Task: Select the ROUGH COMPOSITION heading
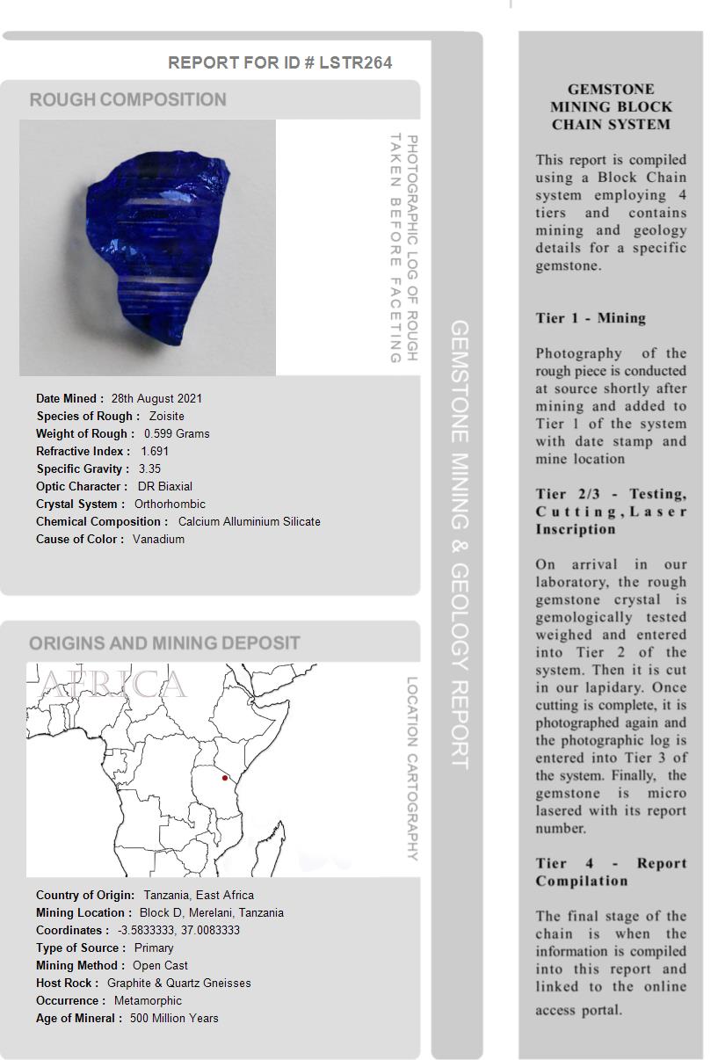128,99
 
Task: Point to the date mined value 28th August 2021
156,398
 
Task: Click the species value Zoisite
166,416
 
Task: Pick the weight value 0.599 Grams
177,433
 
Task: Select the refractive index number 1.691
155,451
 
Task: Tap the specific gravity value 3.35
149,468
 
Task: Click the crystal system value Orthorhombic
170,504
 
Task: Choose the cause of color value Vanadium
158,539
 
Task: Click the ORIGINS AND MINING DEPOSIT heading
164,643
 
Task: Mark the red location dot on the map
225,778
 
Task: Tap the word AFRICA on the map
113,685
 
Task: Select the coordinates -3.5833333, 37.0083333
178,930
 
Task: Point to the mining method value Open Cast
160,965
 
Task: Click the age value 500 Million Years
174,1018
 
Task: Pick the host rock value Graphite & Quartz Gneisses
178,983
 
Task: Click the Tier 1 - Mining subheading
591,318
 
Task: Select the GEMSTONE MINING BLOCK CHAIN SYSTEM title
611,106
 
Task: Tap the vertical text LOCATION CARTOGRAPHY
412,768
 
